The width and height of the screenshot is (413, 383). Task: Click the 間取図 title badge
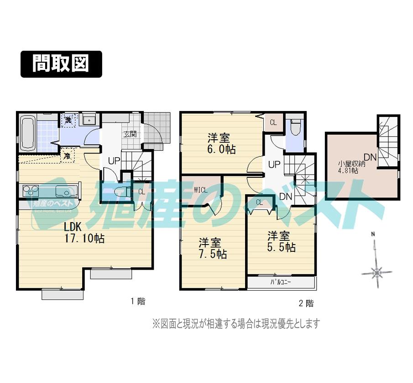pos(61,64)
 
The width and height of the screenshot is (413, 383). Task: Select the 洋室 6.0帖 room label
pos(219,143)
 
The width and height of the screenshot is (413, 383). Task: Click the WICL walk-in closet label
pos(201,190)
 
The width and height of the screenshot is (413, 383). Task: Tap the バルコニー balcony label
pos(281,282)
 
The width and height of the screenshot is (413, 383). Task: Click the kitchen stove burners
pos(29,190)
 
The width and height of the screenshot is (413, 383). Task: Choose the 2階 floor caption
pos(306,303)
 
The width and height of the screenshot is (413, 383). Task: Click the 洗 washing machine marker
pos(68,121)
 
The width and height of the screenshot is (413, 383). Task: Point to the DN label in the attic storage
pos(370,157)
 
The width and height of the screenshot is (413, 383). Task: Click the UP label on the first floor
pos(114,161)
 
